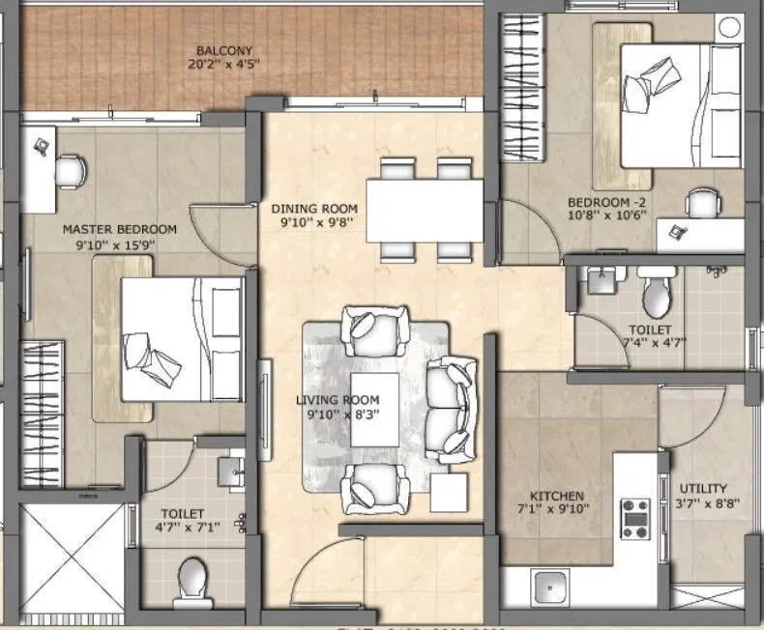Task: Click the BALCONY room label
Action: pos(223,50)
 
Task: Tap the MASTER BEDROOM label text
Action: pos(119,229)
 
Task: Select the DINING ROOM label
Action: pos(314,208)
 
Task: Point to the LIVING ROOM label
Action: pos(338,399)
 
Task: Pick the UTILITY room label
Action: pos(703,488)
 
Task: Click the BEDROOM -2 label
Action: pos(607,202)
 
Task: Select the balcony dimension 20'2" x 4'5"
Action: pos(223,67)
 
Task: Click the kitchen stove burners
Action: pos(634,518)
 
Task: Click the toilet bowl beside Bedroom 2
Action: pos(657,292)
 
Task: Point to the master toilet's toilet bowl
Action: pos(192,579)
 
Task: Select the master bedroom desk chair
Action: pos(70,171)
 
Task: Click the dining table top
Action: pos(426,210)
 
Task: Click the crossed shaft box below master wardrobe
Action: pos(73,556)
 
